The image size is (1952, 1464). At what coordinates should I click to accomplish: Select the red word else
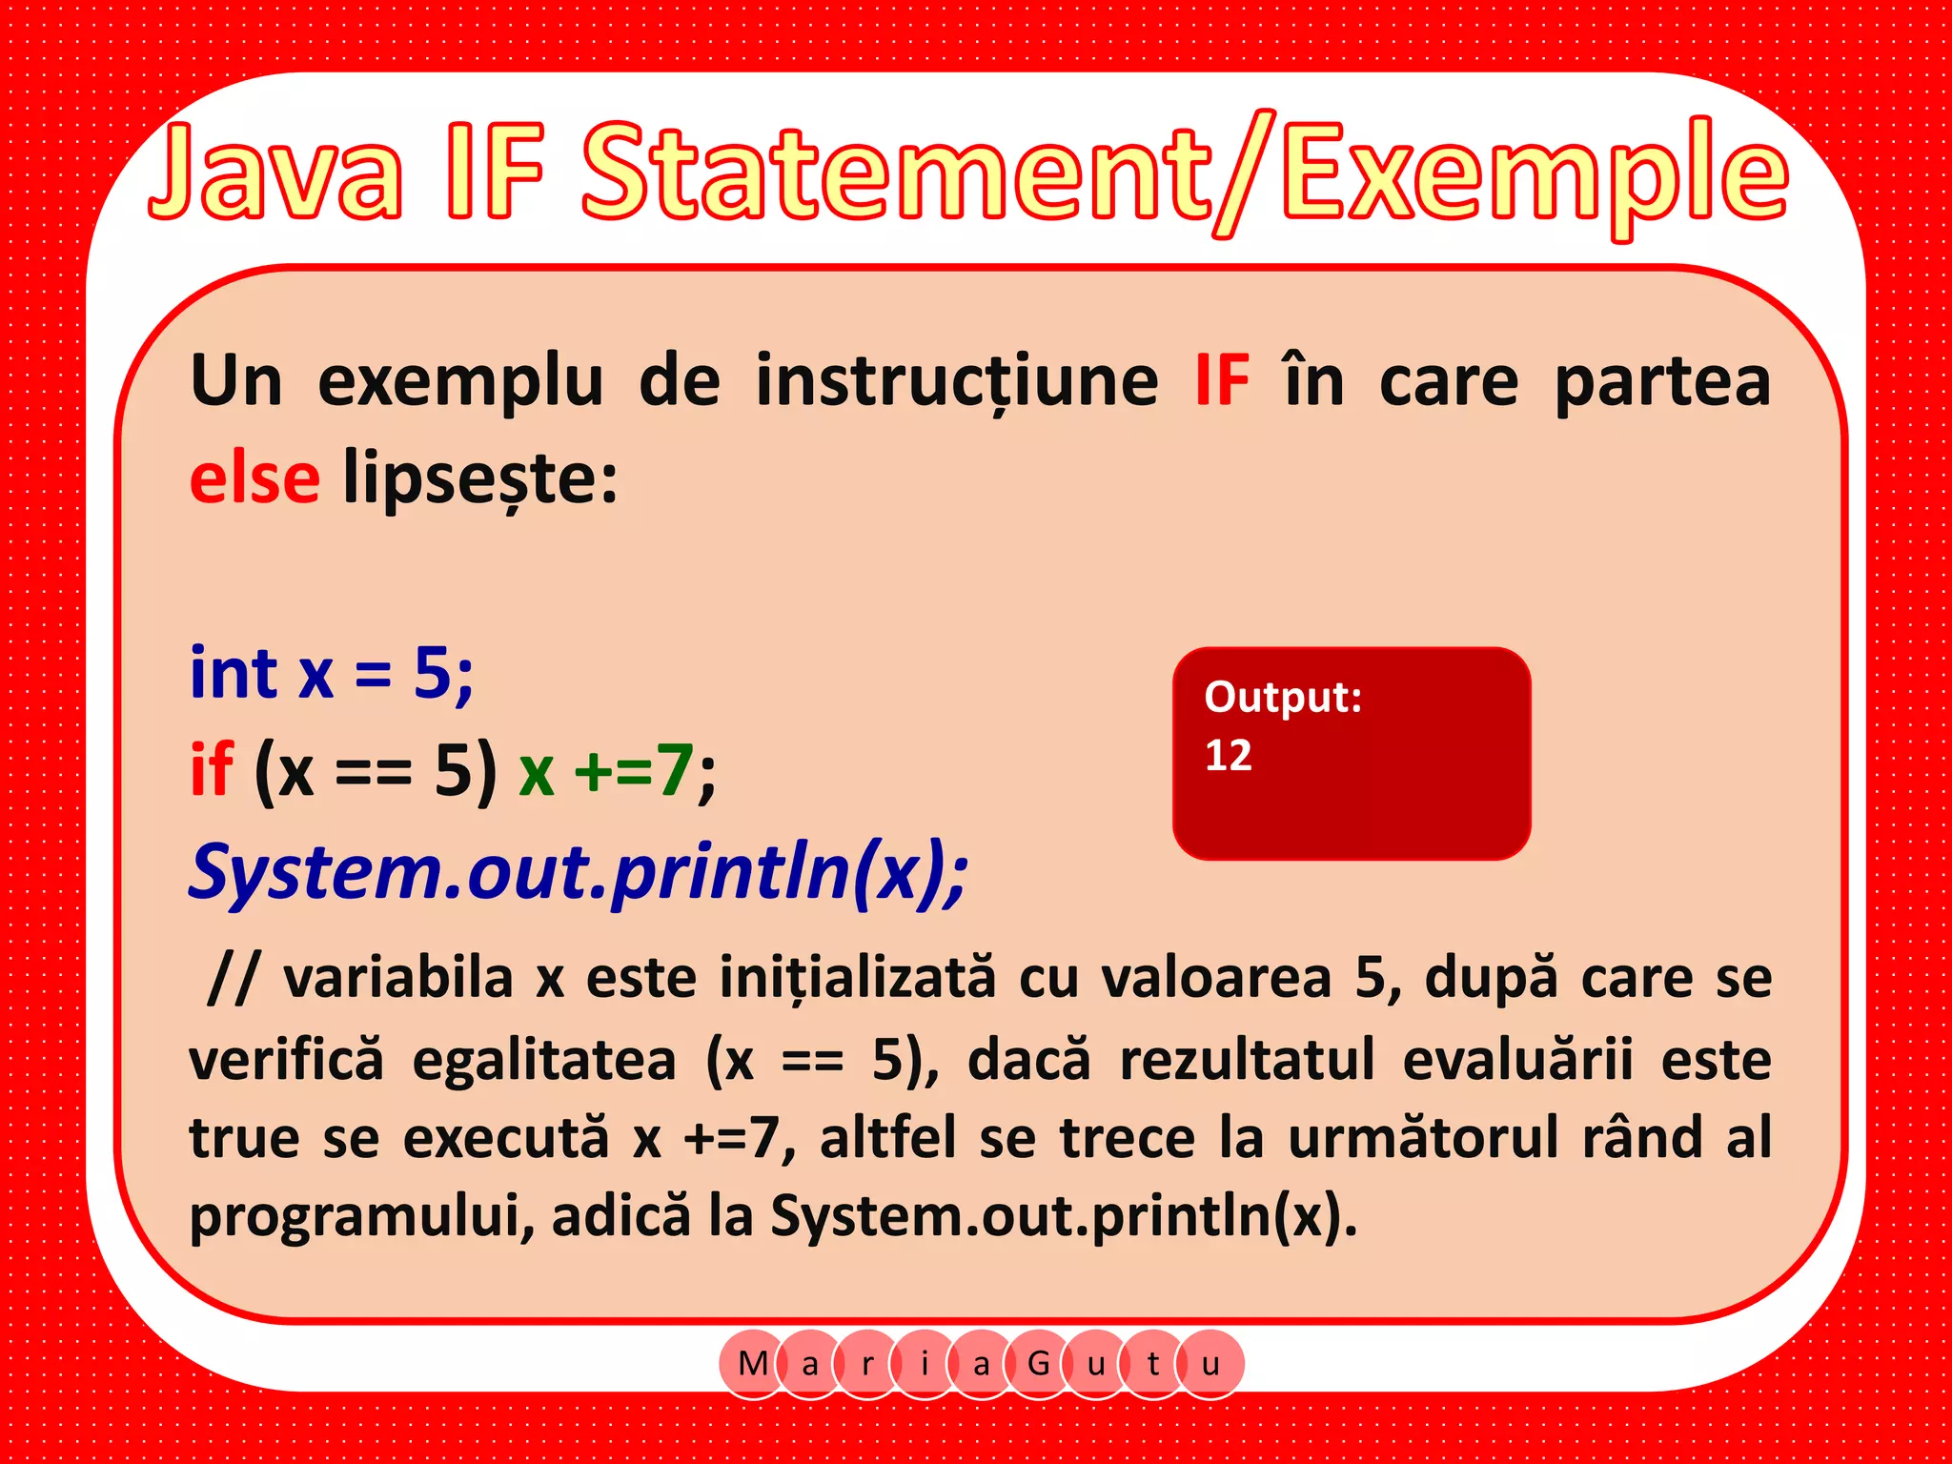pos(254,478)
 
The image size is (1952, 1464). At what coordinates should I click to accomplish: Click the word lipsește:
pos(480,479)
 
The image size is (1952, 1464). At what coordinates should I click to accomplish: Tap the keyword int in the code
pos(234,673)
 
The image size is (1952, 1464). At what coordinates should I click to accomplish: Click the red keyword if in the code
pos(211,770)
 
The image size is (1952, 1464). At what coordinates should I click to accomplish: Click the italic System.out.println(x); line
pos(578,871)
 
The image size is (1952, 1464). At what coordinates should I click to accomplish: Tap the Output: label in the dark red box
pos(1283,698)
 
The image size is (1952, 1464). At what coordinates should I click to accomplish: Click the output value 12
pos(1228,756)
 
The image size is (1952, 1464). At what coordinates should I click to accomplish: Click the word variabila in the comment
pos(398,978)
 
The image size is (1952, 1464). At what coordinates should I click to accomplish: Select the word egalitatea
pos(544,1060)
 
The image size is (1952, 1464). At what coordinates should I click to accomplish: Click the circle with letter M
pos(753,1364)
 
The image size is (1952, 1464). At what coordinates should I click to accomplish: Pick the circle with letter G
pos(1039,1364)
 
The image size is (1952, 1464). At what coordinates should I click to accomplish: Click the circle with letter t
pos(1153,1364)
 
